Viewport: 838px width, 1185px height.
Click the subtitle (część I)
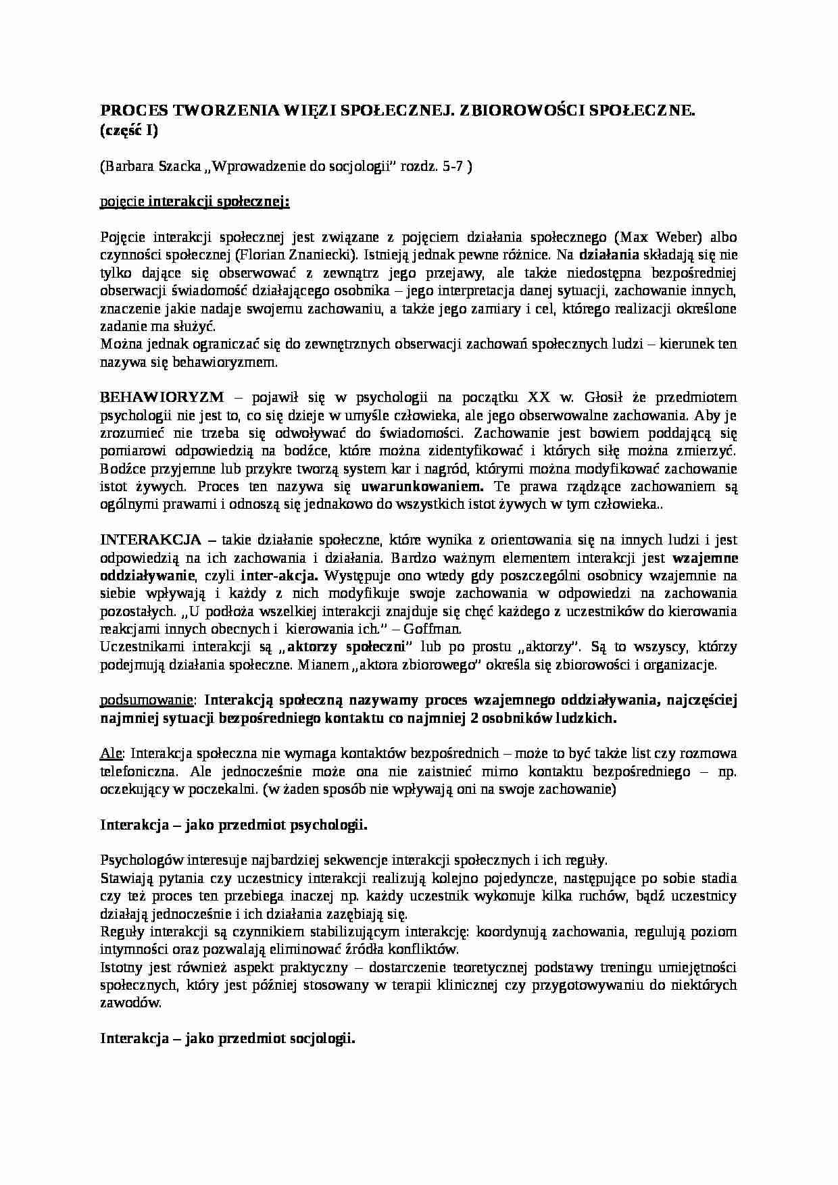point(129,131)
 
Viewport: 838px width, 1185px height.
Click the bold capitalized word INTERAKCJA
point(151,540)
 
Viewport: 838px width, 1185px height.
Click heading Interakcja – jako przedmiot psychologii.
point(234,825)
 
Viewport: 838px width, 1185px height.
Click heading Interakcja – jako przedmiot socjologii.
point(228,1039)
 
